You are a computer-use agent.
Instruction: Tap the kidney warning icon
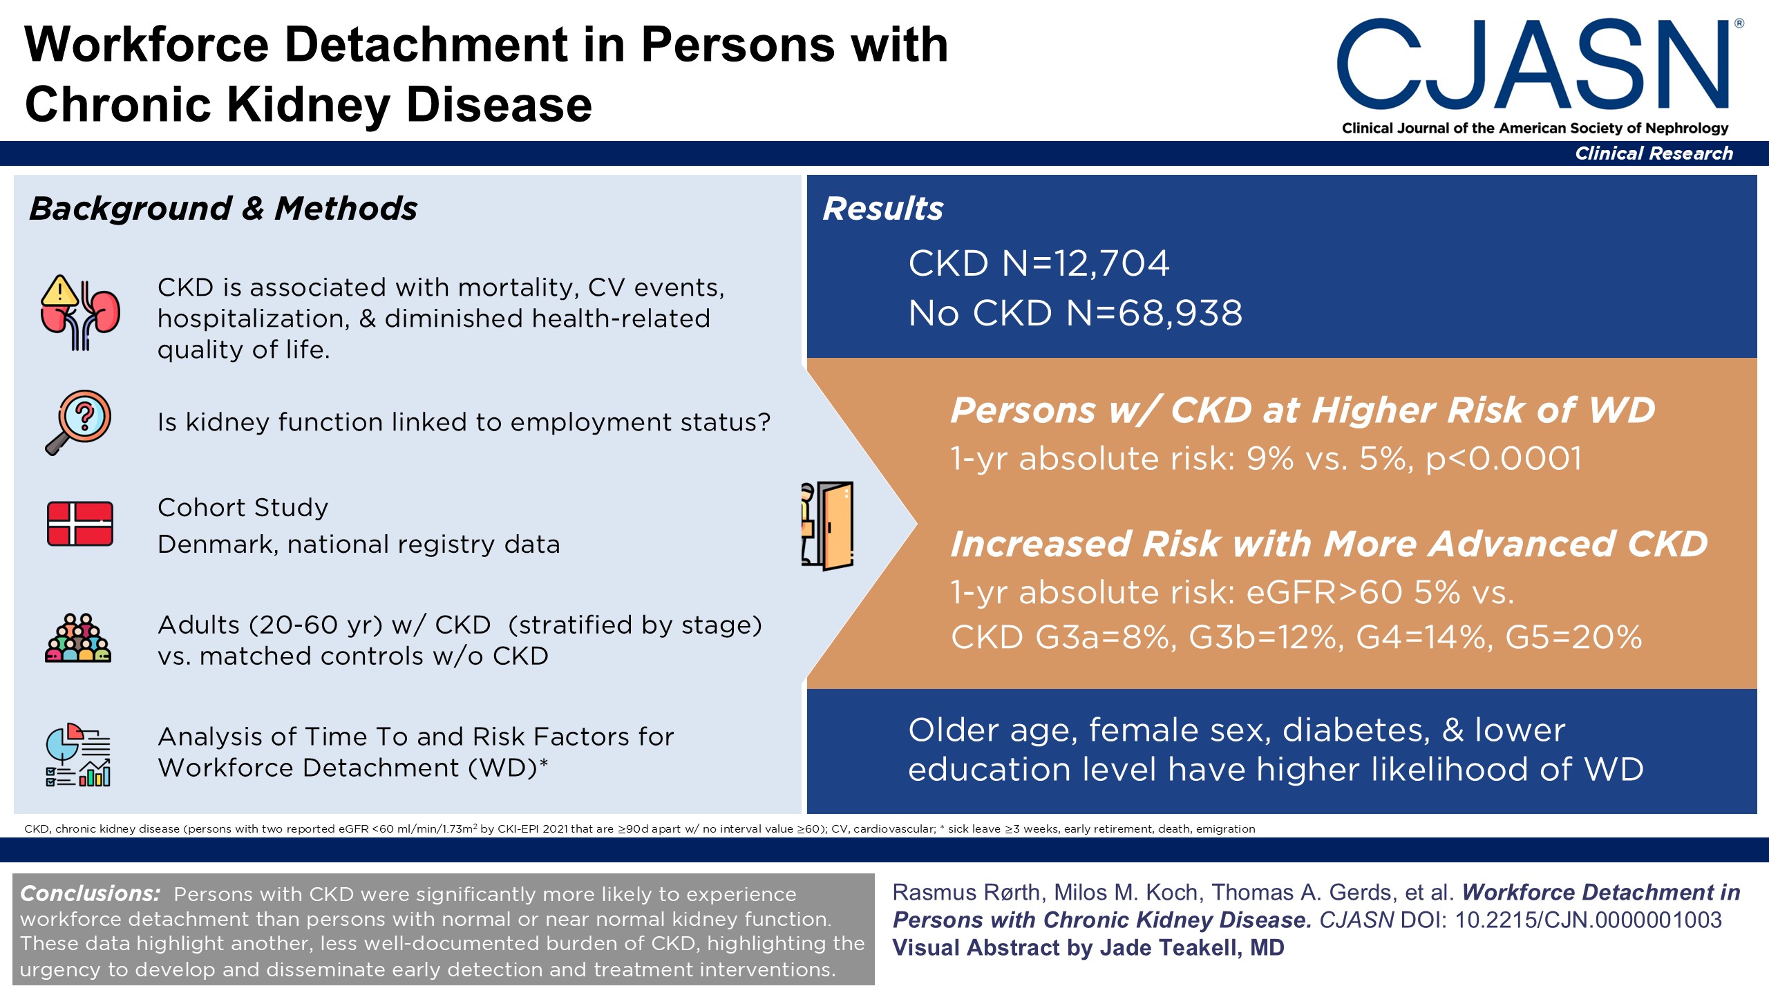pyautogui.click(x=79, y=313)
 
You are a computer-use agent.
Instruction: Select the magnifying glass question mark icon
pyautogui.click(x=79, y=422)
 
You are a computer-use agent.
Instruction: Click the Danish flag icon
pyautogui.click(x=80, y=524)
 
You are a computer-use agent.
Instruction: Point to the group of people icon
pyautogui.click(x=78, y=638)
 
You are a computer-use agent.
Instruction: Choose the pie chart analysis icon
pyautogui.click(x=78, y=755)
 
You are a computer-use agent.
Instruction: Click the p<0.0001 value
pyautogui.click(x=1504, y=458)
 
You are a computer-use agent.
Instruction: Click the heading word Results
pyautogui.click(x=882, y=209)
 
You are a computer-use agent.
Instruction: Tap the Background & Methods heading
pyautogui.click(x=223, y=209)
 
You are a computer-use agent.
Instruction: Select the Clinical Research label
pyautogui.click(x=1654, y=153)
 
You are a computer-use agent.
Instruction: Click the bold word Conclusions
pyautogui.click(x=90, y=893)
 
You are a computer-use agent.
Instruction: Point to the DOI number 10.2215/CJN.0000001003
pyautogui.click(x=1588, y=920)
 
